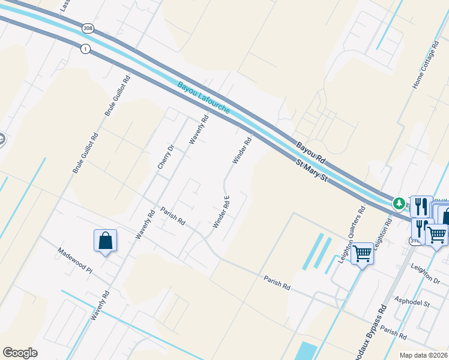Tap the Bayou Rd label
click(311, 152)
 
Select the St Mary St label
click(310, 170)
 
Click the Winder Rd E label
click(221, 212)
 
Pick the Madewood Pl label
click(75, 261)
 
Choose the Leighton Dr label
click(425, 271)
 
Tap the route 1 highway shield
click(86, 49)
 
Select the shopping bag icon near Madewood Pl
click(105, 241)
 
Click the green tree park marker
click(399, 205)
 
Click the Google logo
click(20, 353)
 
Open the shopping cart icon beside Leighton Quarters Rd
click(362, 254)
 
